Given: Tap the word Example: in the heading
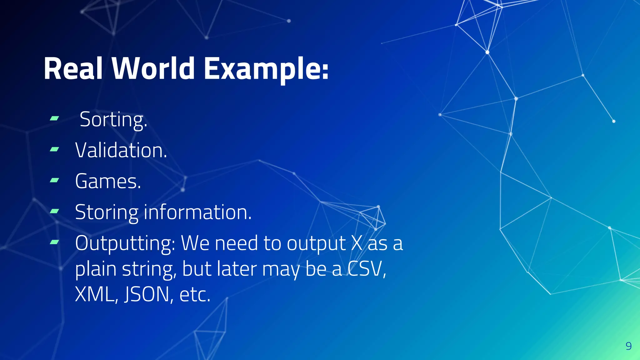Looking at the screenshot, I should [x=266, y=69].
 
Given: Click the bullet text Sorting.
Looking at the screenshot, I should [x=113, y=120].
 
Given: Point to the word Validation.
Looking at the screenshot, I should [x=121, y=150].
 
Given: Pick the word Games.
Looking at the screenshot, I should [x=108, y=181].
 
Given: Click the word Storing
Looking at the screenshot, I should [x=107, y=212].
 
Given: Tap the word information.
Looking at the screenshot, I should [x=197, y=212].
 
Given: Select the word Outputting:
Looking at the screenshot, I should [x=125, y=243].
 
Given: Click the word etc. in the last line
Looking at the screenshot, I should [x=195, y=294].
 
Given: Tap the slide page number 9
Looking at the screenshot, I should [x=628, y=346].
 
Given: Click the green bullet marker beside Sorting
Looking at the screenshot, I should [x=54, y=118].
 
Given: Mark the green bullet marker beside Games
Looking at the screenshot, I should [x=54, y=180].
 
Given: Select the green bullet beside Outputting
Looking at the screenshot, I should [x=54, y=242].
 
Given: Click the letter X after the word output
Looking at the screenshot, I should [x=357, y=243].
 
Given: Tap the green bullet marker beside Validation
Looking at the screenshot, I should [x=54, y=149].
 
